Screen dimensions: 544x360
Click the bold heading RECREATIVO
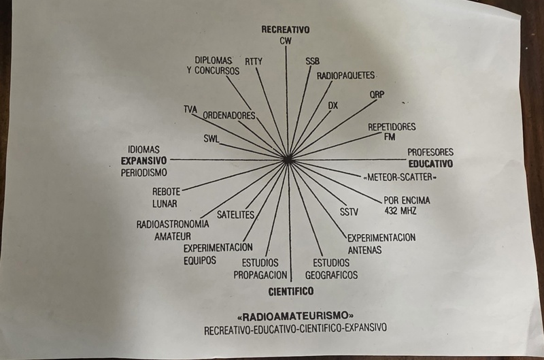coord(286,29)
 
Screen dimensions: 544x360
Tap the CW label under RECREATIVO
coord(286,41)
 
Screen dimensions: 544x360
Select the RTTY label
coord(254,62)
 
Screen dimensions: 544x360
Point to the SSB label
coord(313,61)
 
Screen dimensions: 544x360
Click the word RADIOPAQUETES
coord(345,76)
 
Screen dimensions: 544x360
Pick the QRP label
coord(377,95)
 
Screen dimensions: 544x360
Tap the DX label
coord(333,105)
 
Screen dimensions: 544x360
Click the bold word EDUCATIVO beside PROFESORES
coord(430,164)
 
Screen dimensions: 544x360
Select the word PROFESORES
coord(430,152)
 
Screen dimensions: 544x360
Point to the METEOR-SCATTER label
coord(399,178)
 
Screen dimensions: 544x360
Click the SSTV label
coord(349,212)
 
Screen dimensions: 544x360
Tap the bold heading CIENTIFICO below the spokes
coord(291,291)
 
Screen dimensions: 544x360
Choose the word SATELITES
coord(235,215)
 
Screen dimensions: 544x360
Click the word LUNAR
coord(165,203)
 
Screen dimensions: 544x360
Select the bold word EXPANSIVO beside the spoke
coord(143,161)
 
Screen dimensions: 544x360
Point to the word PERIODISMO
coord(144,173)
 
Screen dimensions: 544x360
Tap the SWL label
coord(211,139)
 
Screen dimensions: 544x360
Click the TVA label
coord(190,110)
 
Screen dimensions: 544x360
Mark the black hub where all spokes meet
coord(288,159)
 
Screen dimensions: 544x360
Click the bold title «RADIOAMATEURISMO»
coord(296,316)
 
